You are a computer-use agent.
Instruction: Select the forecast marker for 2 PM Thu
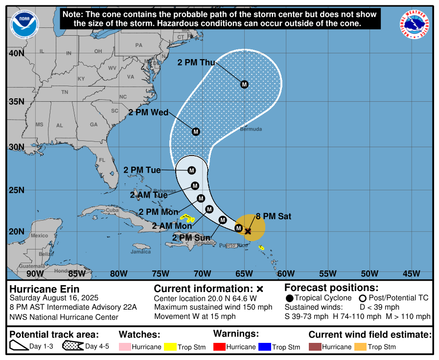coord(244,84)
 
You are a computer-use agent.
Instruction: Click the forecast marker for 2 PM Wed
coord(196,132)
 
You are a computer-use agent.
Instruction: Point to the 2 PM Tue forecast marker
coord(191,170)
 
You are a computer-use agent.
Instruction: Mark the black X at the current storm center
coord(248,231)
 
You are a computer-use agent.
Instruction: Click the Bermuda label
coord(251,129)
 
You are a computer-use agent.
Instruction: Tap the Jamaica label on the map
coord(140,252)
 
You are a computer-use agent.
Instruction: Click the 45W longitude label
coord(411,273)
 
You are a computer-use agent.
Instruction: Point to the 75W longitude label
coord(161,273)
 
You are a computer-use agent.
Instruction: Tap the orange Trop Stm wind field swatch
coord(360,347)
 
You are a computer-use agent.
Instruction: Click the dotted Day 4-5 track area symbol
coord(72,347)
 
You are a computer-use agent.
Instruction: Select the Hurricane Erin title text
coord(44,289)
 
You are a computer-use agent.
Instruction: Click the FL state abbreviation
coord(102,160)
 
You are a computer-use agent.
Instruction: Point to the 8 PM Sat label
coord(274,216)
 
